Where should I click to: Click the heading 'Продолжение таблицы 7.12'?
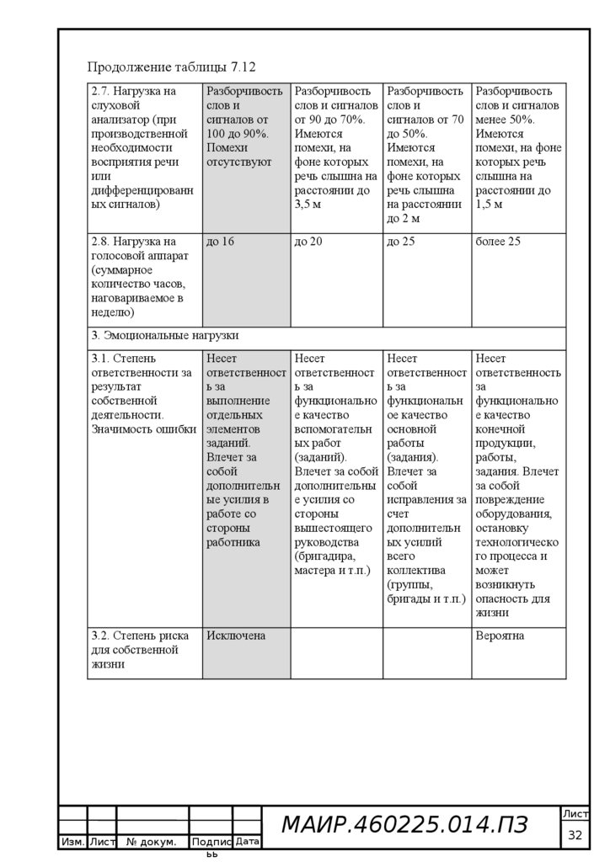(171, 67)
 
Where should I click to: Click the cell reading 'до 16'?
(220, 242)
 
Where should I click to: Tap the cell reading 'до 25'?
(401, 242)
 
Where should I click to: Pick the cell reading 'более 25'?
(498, 242)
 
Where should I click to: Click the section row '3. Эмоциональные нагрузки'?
(160, 335)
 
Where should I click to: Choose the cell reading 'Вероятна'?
(500, 636)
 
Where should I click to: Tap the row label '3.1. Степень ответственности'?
(142, 393)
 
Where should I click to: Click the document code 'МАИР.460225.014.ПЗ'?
(404, 826)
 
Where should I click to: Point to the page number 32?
(575, 835)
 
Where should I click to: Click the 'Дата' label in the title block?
(247, 841)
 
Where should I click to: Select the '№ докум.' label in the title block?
(151, 841)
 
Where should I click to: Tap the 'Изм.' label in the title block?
(72, 841)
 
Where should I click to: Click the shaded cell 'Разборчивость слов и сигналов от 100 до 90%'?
(244, 126)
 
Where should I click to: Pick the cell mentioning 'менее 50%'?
(517, 147)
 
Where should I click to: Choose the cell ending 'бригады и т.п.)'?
(425, 487)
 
